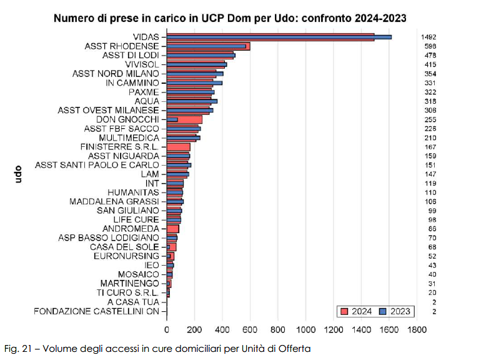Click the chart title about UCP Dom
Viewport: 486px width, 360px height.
click(230, 19)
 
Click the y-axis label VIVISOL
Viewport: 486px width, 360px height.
click(142, 64)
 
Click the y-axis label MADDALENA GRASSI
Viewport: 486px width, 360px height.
click(114, 201)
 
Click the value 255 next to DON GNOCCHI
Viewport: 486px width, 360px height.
click(429, 119)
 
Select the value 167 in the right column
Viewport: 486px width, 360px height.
click(429, 147)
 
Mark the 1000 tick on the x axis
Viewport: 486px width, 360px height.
click(305, 329)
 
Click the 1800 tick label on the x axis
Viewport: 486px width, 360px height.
click(417, 329)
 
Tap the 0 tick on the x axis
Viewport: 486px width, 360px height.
click(167, 329)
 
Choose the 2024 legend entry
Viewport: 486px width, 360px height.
click(355, 311)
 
